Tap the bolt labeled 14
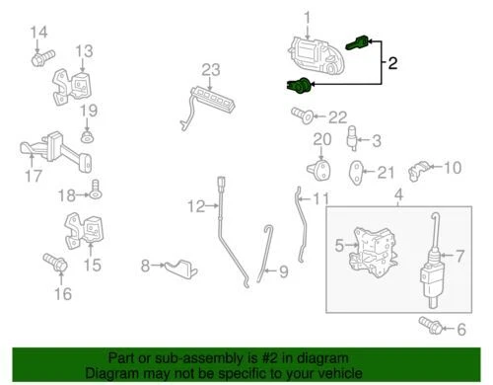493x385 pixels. pyautogui.click(x=39, y=59)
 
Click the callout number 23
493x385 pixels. pyautogui.click(x=209, y=69)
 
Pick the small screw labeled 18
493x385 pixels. pyautogui.click(x=97, y=186)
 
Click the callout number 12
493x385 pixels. pyautogui.click(x=195, y=206)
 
